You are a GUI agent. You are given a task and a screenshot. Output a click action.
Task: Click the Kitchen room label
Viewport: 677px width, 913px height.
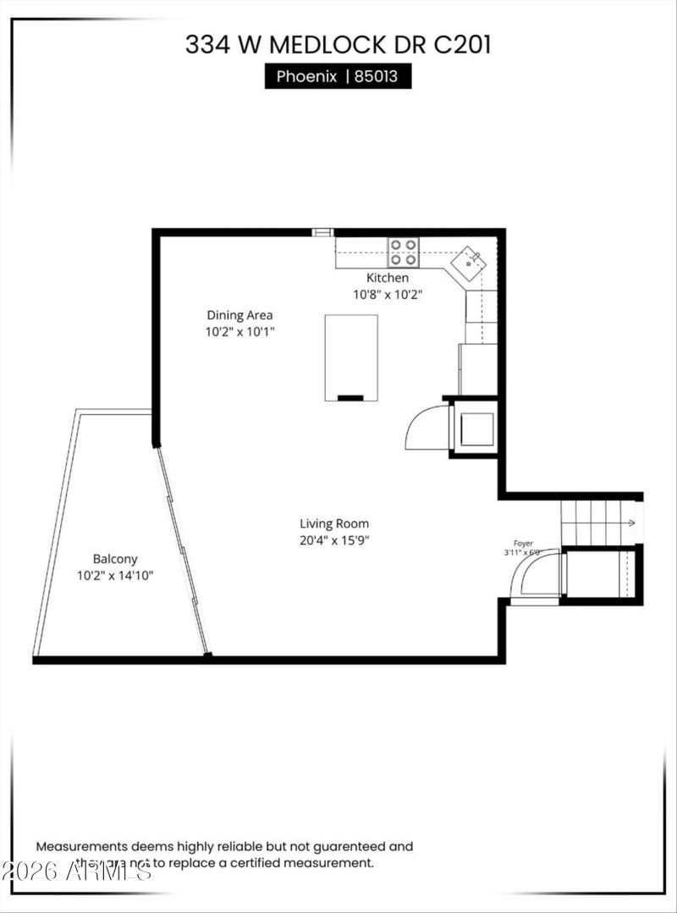point(387,278)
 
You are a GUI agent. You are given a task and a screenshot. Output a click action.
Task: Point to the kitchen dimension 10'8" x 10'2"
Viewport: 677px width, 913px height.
point(387,295)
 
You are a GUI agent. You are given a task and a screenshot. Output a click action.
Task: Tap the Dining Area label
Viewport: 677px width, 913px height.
point(239,315)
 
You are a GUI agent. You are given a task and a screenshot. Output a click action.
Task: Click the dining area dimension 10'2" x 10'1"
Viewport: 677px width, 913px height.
point(239,332)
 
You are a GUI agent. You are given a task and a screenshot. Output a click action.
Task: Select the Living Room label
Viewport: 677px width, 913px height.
point(334,523)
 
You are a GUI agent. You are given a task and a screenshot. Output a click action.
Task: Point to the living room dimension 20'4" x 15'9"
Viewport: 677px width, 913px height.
point(334,540)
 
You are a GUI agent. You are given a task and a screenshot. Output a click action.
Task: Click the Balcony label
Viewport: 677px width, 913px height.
point(115,559)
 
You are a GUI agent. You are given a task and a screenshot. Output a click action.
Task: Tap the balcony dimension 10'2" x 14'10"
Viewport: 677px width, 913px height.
point(115,576)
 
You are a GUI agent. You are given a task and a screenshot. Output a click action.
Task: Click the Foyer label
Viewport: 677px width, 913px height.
point(523,543)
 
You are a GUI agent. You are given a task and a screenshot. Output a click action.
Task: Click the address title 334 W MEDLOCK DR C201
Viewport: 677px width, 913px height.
point(338,45)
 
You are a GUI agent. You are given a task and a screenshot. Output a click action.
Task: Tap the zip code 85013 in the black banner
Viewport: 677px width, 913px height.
point(382,77)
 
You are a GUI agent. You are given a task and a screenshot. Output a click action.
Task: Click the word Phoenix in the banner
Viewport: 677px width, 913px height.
point(306,77)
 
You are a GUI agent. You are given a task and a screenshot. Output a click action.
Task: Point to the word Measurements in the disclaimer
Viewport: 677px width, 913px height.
point(80,845)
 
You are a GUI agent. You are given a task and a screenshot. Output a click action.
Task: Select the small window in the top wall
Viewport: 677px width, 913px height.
point(322,232)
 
